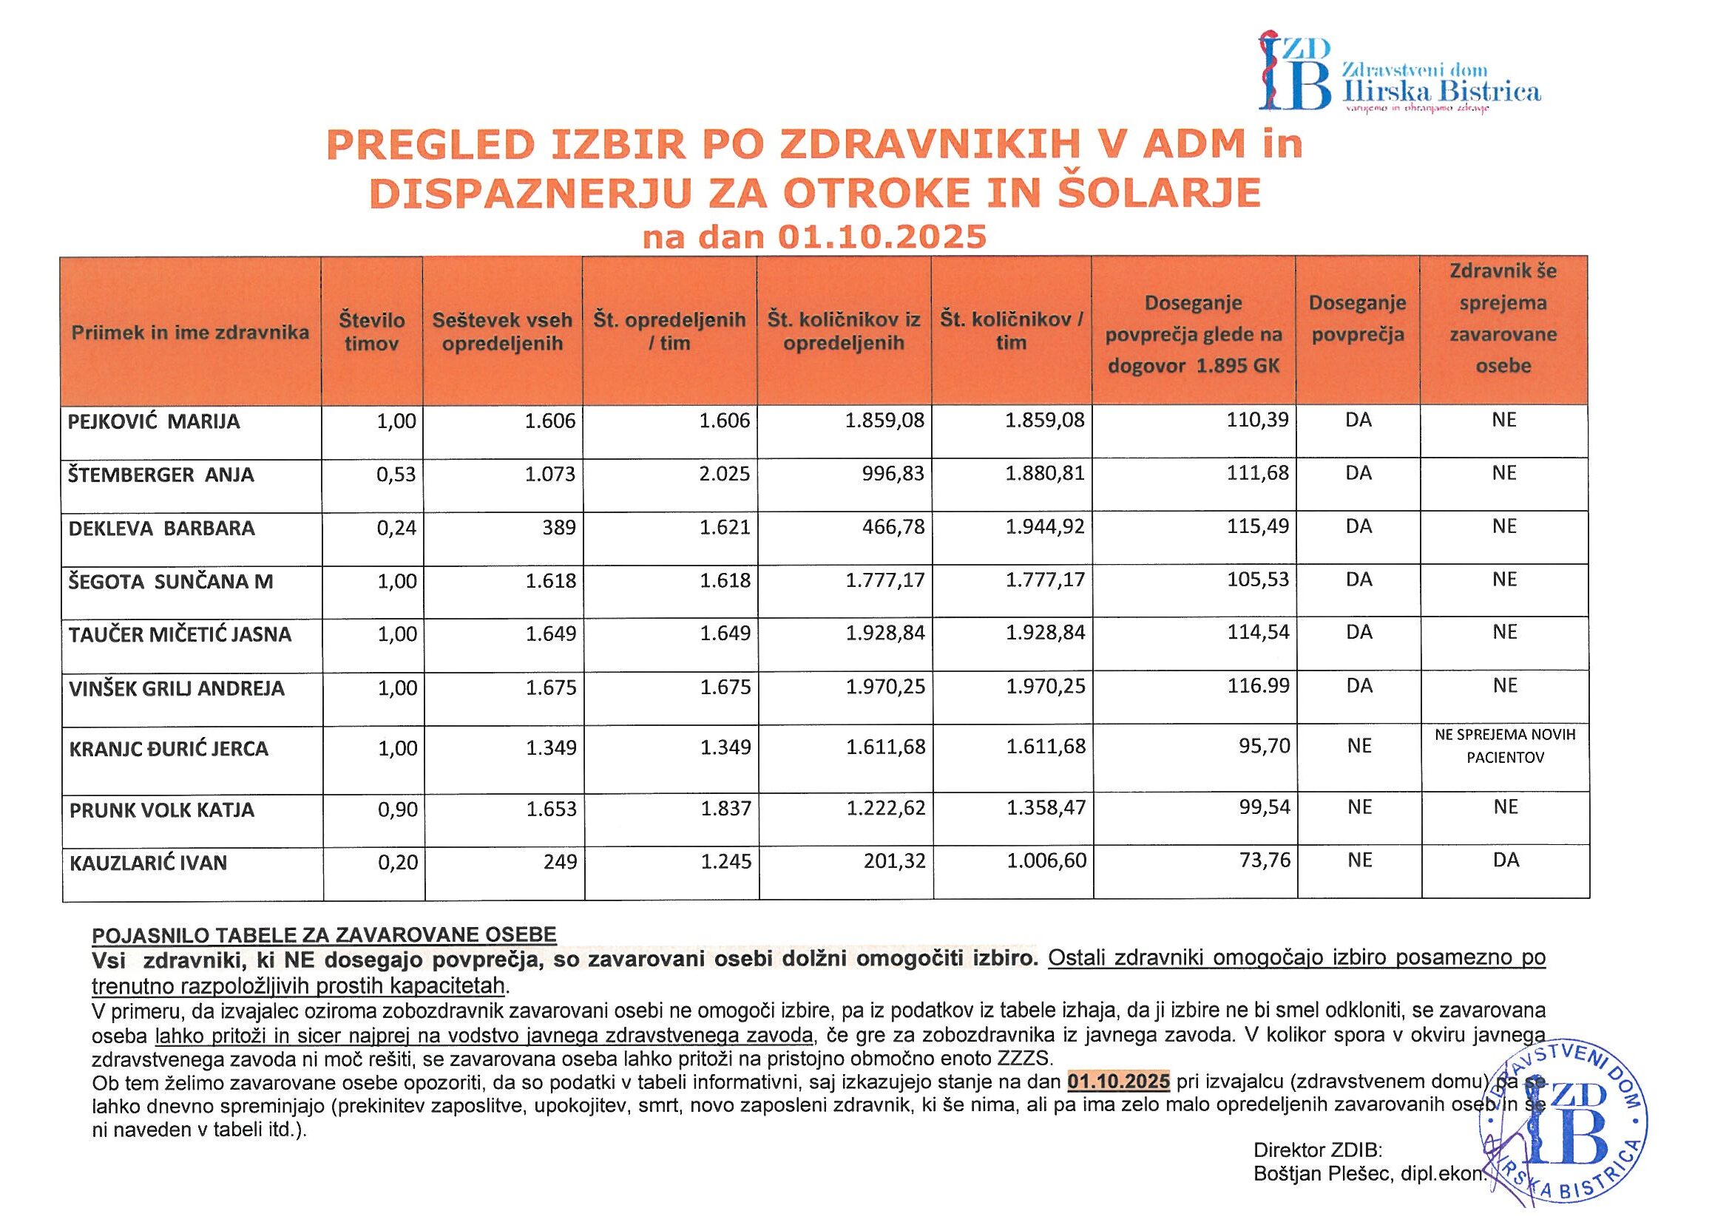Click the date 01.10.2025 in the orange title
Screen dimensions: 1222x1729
[881, 237]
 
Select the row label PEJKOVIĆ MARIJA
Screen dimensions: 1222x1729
[155, 421]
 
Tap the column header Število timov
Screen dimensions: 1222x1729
[371, 332]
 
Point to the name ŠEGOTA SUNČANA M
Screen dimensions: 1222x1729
[171, 581]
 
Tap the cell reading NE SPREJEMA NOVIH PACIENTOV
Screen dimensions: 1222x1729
[1505, 746]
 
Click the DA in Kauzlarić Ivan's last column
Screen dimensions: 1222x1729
[1506, 861]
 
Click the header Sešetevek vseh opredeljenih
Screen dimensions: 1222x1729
[502, 332]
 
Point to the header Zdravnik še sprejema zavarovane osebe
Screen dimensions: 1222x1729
[1503, 319]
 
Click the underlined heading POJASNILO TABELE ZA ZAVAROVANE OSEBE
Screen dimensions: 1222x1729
[324, 935]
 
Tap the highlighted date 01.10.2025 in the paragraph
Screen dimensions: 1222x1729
[1118, 1082]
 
